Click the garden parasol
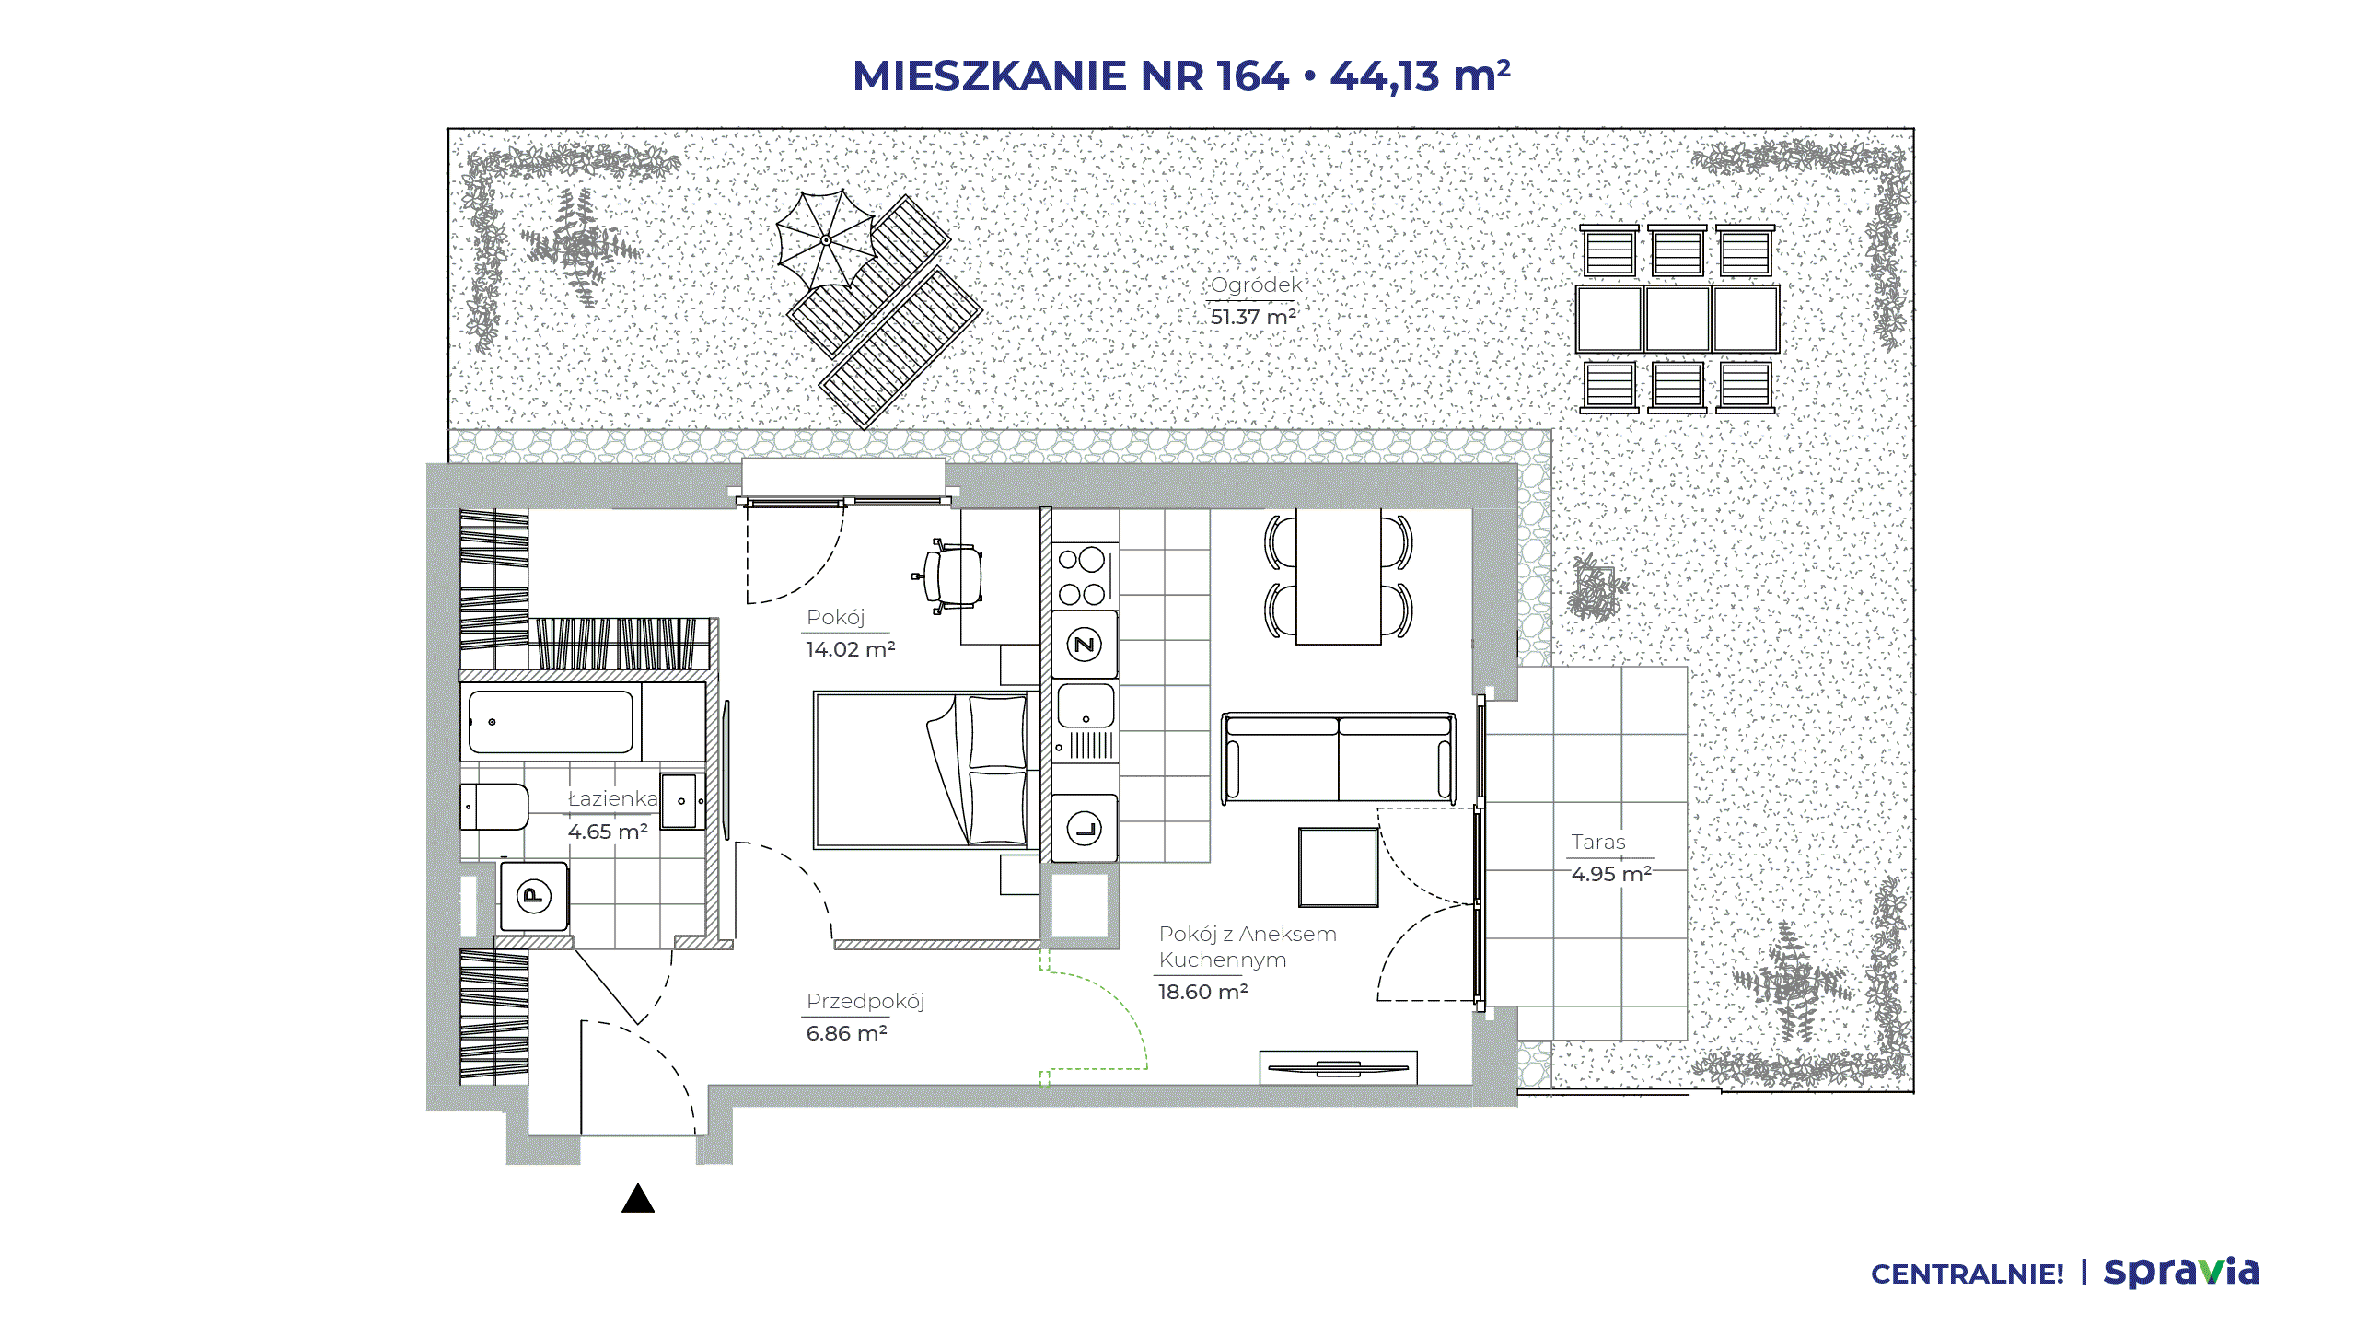(826, 240)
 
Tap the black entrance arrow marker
(638, 1198)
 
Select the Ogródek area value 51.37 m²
(1253, 317)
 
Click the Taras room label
(1598, 842)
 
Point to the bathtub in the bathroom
(551, 723)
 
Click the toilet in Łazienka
(494, 808)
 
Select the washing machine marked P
(534, 896)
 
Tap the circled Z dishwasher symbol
(1085, 645)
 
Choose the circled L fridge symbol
(1085, 829)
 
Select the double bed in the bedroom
(921, 770)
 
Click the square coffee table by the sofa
(1338, 867)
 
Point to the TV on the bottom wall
(1338, 1068)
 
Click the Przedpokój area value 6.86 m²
(846, 1033)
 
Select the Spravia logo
(2181, 1273)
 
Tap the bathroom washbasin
(682, 801)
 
